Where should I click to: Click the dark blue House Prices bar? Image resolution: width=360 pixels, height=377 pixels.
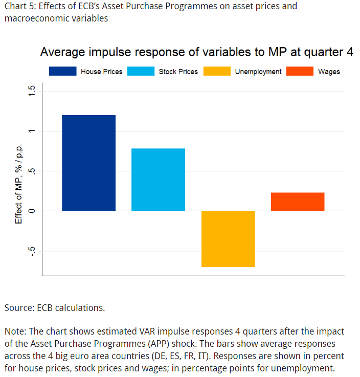pos(88,163)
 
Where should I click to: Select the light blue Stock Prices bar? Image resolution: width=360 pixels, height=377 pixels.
pos(158,180)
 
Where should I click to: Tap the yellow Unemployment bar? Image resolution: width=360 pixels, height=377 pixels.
pos(228,238)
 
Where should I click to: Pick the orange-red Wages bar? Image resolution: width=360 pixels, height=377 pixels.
pos(298,202)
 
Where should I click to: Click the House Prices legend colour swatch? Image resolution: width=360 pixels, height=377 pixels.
pos(62,72)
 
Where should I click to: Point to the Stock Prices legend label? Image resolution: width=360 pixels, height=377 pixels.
pos(178,72)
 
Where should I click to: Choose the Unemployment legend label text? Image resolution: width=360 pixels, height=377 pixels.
pos(258,72)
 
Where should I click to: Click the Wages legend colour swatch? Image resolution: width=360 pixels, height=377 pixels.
pos(300,72)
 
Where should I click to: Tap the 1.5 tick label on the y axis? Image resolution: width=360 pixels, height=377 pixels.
pos(32,92)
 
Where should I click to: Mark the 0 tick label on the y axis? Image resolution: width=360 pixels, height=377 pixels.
pos(32,211)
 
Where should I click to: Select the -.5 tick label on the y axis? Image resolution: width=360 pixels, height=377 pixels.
pos(32,251)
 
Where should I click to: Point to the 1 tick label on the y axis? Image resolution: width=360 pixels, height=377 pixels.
pos(32,131)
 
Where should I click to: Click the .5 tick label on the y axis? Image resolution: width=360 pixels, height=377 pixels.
pos(32,171)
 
